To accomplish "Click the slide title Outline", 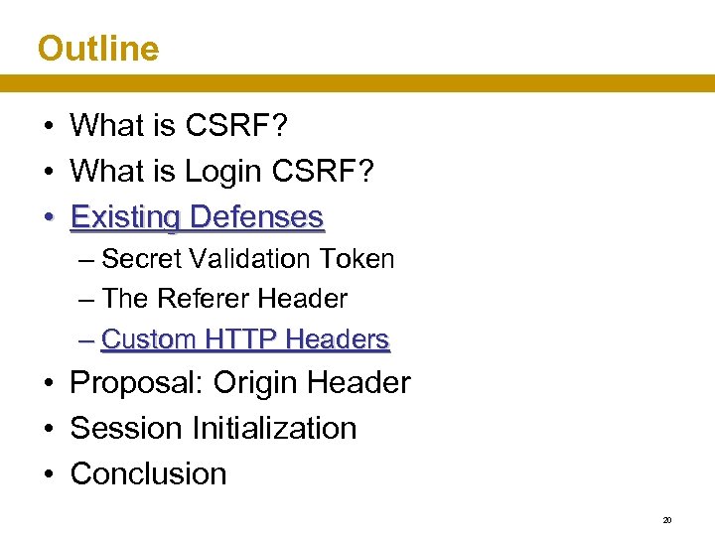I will (97, 48).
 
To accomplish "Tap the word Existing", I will (126, 216).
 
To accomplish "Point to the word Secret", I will (140, 259).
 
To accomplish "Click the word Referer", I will (206, 299).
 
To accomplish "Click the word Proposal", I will (137, 383).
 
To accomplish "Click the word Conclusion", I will (149, 473).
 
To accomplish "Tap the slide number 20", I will (667, 519).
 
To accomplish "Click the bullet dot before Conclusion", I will (48, 474).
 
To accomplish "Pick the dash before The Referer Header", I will (88, 299).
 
